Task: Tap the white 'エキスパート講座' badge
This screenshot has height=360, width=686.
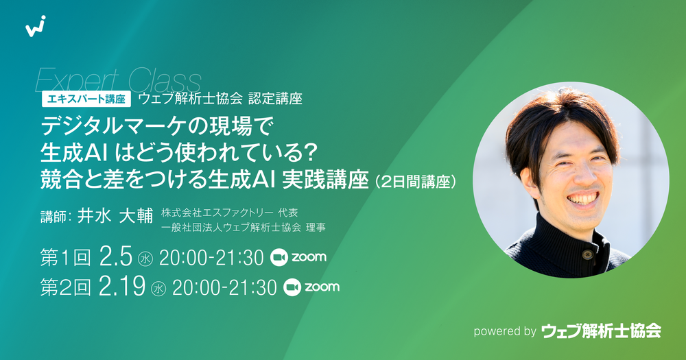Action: pyautogui.click(x=86, y=99)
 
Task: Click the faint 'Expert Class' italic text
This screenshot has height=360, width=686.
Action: pyautogui.click(x=118, y=80)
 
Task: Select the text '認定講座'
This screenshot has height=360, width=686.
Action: pyautogui.click(x=275, y=99)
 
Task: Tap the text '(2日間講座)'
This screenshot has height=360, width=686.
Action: pyautogui.click(x=414, y=182)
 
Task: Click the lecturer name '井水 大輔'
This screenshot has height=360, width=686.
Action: pyautogui.click(x=115, y=216)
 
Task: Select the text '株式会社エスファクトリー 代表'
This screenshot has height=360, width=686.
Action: pyautogui.click(x=230, y=213)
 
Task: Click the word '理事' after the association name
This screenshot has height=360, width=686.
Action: pyautogui.click(x=316, y=228)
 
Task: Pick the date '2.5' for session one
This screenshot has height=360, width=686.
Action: pyautogui.click(x=115, y=256)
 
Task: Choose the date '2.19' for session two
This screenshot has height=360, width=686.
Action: pyautogui.click(x=122, y=287)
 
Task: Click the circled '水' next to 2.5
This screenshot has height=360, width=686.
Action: pyautogui.click(x=145, y=259)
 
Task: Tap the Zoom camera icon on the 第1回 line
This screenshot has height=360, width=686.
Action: pyautogui.click(x=279, y=257)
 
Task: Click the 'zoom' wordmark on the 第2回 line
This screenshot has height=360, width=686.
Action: pyautogui.click(x=322, y=287)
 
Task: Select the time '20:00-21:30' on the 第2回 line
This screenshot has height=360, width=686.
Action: pyautogui.click(x=224, y=288)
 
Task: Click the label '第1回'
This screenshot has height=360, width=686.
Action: pyautogui.click(x=66, y=257)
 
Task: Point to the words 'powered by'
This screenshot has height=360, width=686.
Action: pyautogui.click(x=505, y=332)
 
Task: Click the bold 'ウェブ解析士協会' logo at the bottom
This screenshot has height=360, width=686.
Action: pyautogui.click(x=601, y=331)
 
